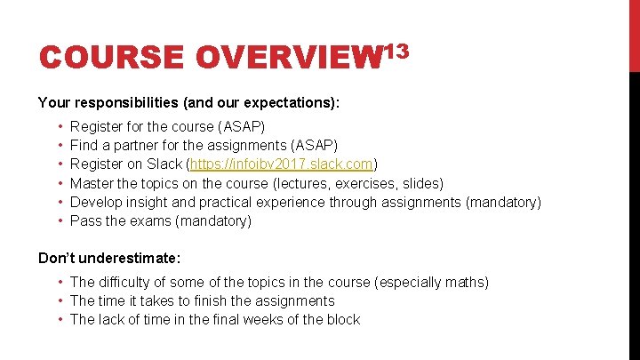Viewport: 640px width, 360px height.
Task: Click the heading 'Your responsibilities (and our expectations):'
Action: click(188, 103)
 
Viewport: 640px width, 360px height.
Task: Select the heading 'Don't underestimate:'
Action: click(109, 258)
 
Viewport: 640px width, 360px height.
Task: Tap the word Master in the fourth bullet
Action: click(92, 183)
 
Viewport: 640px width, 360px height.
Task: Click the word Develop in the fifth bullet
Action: click(96, 202)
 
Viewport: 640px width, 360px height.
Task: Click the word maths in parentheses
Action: click(462, 282)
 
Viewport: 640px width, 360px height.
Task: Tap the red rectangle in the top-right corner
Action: click(634, 36)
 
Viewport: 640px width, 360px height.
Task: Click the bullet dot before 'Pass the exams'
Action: click(57, 220)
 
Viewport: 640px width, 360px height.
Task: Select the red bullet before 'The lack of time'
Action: click(59, 319)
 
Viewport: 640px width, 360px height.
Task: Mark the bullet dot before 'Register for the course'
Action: click(57, 127)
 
